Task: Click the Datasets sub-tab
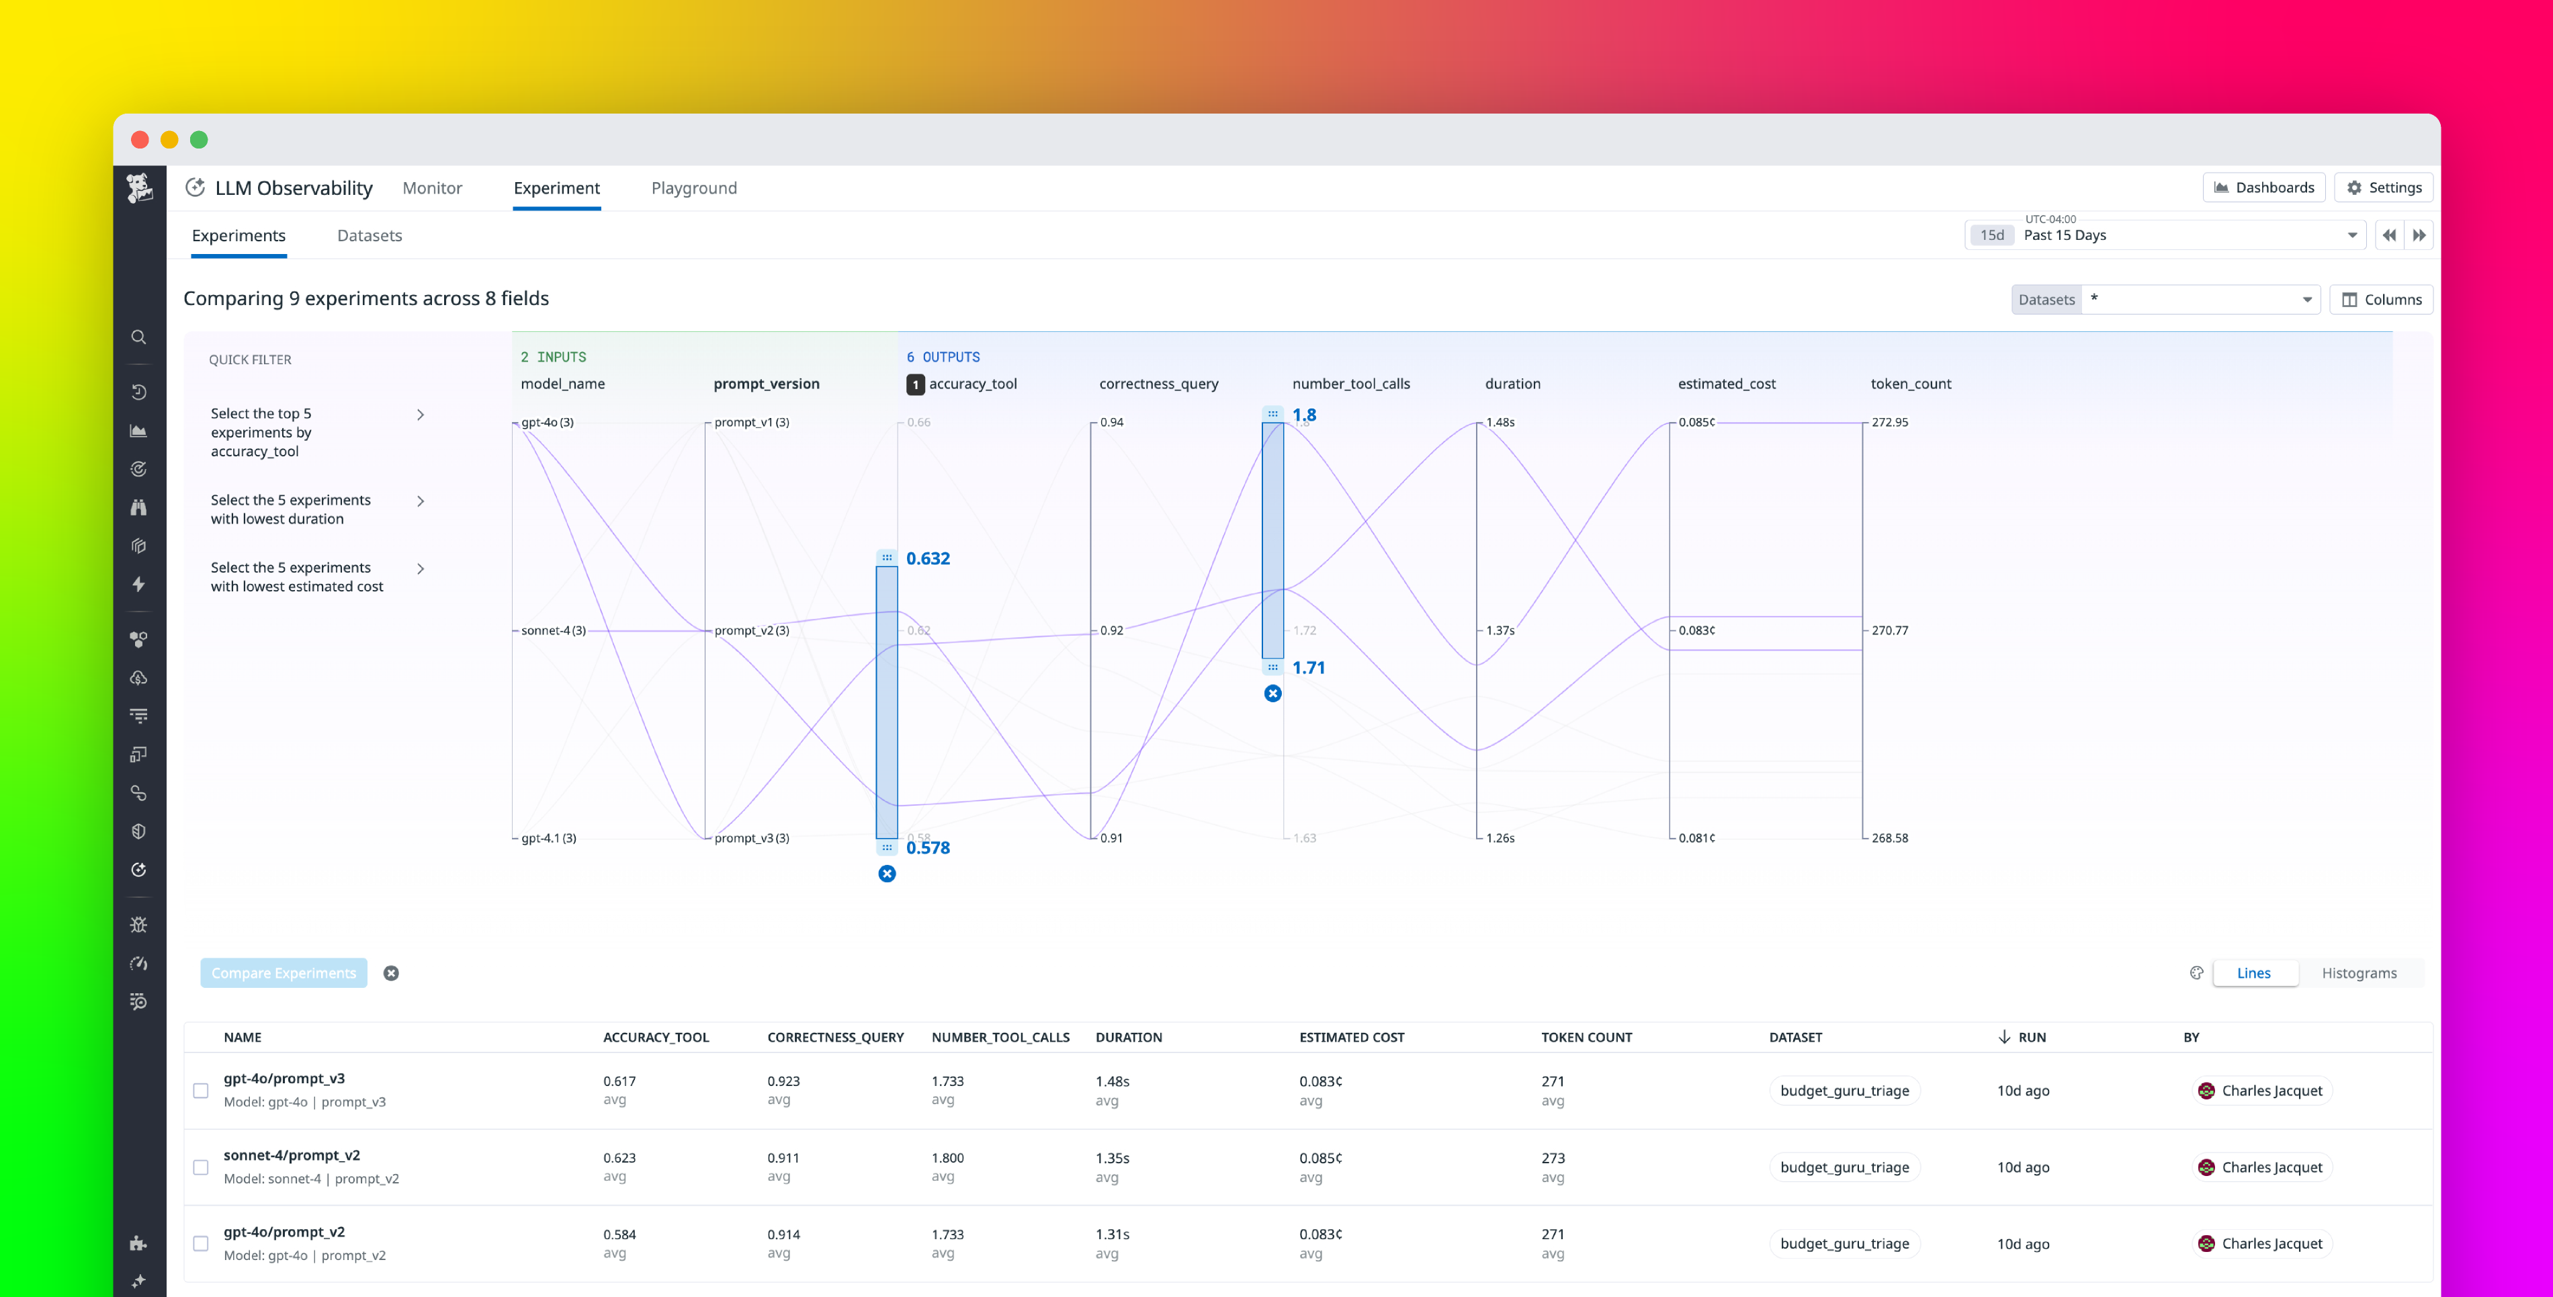(x=369, y=235)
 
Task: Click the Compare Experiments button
(x=284, y=973)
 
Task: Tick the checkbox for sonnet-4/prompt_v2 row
(x=201, y=1167)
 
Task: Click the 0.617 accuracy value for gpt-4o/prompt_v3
(x=619, y=1081)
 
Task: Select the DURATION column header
(x=1128, y=1037)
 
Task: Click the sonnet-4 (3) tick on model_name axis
(x=553, y=630)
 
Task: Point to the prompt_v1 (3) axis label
(x=751, y=423)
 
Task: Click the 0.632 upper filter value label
(x=928, y=558)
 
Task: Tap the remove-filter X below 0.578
(x=887, y=874)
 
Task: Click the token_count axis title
(x=1910, y=384)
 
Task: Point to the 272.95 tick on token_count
(x=1889, y=423)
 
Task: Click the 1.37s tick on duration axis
(x=1500, y=630)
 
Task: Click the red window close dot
(x=140, y=140)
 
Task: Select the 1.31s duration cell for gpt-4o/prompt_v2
(x=1112, y=1235)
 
